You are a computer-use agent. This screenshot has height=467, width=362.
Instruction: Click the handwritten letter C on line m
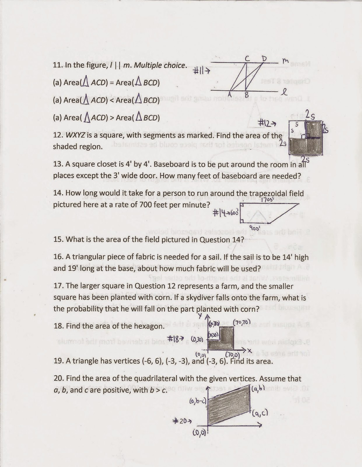pos(247,59)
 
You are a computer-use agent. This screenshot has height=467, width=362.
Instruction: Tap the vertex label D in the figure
pos(264,59)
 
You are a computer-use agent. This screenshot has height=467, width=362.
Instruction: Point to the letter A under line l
pos(230,94)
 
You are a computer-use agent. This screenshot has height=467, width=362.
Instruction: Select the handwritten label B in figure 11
pos(246,95)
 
